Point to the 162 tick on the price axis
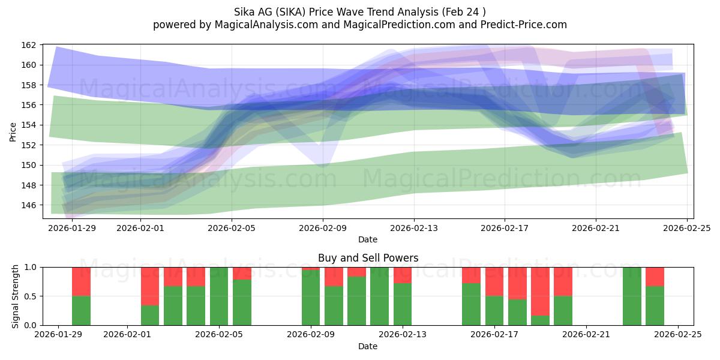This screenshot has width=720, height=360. click(x=29, y=45)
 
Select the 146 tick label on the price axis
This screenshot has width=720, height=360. click(x=29, y=205)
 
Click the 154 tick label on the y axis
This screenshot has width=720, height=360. click(x=29, y=125)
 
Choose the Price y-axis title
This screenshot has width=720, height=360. click(x=13, y=131)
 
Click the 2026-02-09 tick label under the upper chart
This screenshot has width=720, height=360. click(x=323, y=228)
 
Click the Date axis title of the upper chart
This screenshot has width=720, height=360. click(x=368, y=239)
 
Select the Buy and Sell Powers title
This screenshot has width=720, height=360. click(x=368, y=259)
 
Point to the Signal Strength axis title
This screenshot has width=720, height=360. click(x=16, y=296)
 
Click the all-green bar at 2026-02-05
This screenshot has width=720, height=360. click(x=219, y=296)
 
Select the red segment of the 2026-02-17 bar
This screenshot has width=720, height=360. click(x=494, y=281)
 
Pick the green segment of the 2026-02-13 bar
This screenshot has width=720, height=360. click(x=403, y=304)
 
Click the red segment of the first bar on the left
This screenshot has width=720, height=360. click(x=81, y=281)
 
